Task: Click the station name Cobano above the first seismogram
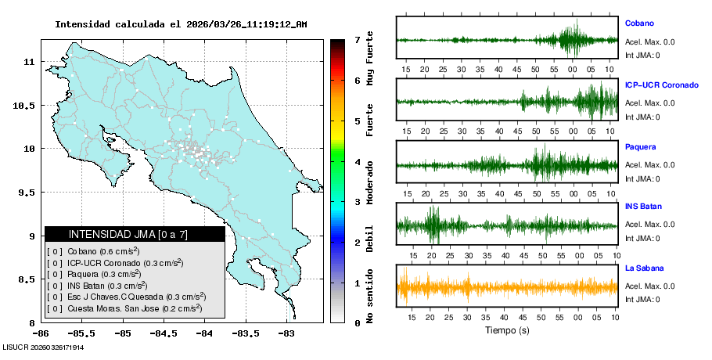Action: (x=639, y=23)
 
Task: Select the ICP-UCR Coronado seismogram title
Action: (x=661, y=85)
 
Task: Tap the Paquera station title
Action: (x=640, y=146)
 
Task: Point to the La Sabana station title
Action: (x=644, y=268)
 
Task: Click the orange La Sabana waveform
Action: (x=507, y=287)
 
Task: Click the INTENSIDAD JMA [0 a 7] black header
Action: (x=135, y=234)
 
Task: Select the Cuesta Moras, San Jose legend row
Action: (x=125, y=308)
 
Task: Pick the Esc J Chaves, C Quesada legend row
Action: (x=128, y=297)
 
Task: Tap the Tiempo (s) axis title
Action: (x=507, y=330)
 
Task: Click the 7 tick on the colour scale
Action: (x=357, y=39)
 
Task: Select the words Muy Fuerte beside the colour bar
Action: (x=369, y=59)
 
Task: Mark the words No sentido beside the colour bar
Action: (x=369, y=295)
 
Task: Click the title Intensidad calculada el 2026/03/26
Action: (x=181, y=24)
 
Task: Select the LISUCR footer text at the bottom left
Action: (x=43, y=347)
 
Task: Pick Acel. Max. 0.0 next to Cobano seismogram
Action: (x=649, y=41)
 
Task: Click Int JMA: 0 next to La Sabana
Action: (x=642, y=299)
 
